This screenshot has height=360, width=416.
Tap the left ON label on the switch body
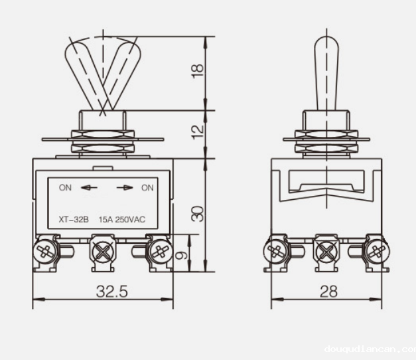pyautogui.click(x=65, y=187)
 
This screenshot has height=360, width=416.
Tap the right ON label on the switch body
pyautogui.click(x=147, y=187)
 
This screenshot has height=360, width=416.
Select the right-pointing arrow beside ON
pyautogui.click(x=124, y=188)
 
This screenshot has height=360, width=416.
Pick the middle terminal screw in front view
pyautogui.click(x=104, y=252)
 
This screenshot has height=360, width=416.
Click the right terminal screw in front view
pyautogui.click(x=159, y=251)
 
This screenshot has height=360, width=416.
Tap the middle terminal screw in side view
pyautogui.click(x=326, y=252)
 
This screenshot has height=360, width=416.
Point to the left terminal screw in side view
pyautogui.click(x=275, y=251)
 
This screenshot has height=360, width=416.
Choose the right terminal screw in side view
pyautogui.click(x=378, y=251)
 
